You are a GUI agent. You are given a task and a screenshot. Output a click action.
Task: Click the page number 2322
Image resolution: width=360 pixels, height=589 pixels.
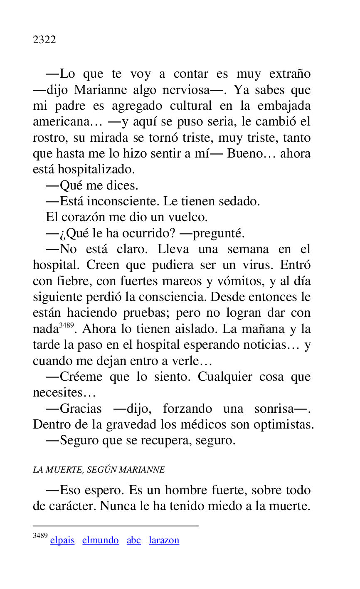point(44,40)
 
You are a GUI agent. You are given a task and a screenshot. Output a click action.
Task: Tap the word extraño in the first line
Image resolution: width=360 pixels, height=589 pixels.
point(290,74)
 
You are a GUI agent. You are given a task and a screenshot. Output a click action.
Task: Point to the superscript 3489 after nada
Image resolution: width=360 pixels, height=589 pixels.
point(66,325)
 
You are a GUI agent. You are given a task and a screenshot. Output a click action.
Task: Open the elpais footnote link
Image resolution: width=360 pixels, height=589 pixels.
point(62,540)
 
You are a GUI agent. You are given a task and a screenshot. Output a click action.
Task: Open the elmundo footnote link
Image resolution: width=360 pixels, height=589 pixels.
point(100,540)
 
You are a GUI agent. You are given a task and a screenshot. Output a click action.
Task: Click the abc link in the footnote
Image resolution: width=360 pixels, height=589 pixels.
point(133,540)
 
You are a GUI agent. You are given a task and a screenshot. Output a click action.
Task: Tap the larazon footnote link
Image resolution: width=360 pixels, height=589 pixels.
point(164,540)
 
